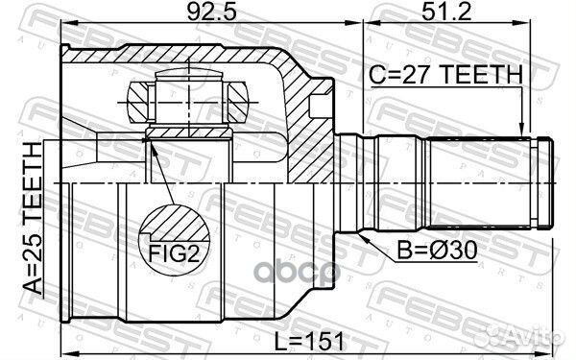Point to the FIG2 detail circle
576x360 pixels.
(x=173, y=231)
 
